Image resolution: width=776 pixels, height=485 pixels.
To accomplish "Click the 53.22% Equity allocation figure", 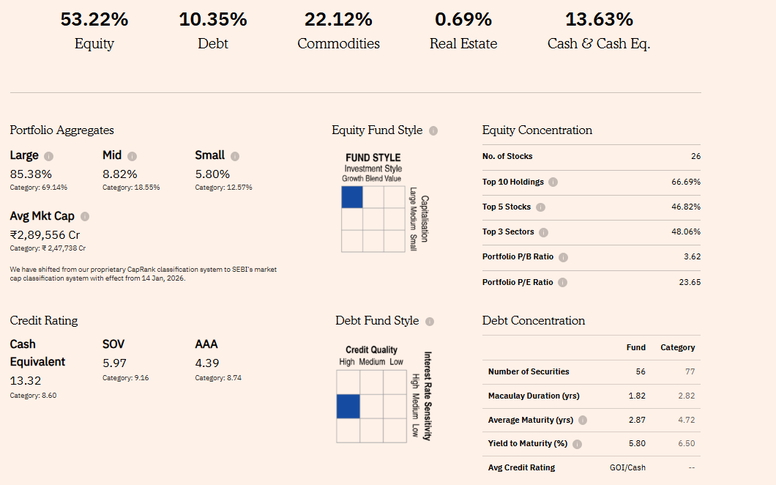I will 94,20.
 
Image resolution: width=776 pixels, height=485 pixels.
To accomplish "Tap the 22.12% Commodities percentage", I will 338,20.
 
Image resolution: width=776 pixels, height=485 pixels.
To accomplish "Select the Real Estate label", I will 463,44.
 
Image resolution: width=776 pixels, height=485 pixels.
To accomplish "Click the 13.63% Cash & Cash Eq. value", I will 599,20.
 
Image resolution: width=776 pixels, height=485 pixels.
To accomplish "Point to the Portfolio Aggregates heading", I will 61,130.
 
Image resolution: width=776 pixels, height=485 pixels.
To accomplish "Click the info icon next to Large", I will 49,156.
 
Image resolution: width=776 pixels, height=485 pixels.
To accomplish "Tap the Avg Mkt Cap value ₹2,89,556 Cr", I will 45,235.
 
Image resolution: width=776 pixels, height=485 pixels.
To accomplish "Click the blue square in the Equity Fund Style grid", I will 352,197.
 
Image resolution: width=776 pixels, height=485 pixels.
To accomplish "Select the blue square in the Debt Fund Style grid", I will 348,406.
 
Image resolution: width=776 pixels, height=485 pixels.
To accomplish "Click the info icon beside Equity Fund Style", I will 433,131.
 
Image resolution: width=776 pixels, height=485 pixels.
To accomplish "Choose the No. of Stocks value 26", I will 695,157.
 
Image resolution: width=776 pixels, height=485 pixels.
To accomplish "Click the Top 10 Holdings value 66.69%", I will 686,182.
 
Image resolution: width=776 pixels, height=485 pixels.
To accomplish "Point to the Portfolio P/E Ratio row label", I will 518,282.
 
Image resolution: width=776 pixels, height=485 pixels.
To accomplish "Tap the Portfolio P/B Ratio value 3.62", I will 692,257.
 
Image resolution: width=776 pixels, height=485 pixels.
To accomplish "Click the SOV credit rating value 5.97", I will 115,363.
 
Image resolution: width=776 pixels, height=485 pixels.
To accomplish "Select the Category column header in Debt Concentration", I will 677,347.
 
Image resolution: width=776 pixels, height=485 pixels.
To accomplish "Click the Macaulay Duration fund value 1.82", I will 637,396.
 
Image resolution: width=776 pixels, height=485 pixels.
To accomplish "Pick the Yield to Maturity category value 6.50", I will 686,444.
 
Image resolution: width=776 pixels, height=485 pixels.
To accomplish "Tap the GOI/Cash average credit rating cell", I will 627,467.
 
